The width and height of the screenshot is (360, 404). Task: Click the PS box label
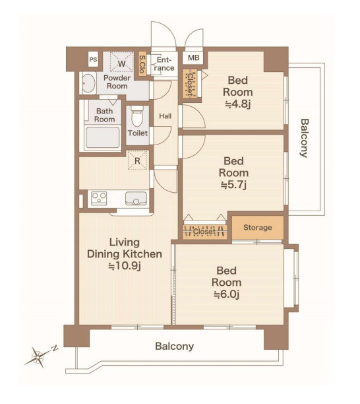tap(93, 59)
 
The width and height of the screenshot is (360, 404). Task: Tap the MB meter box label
tap(193, 57)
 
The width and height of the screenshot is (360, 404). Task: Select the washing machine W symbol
tap(122, 63)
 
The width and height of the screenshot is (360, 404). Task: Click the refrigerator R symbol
tap(137, 161)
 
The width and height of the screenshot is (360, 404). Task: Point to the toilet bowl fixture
tap(137, 116)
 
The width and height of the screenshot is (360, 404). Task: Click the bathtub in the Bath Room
tap(102, 137)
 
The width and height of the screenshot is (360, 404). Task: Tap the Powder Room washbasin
tap(88, 83)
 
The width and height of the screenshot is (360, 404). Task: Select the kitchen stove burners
tap(99, 199)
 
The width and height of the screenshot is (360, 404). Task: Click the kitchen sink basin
tap(136, 199)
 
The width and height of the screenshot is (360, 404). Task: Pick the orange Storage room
tap(258, 228)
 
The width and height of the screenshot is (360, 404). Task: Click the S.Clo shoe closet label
tap(142, 63)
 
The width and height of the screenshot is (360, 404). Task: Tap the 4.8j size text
tap(238, 104)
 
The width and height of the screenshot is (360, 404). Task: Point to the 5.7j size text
tap(234, 184)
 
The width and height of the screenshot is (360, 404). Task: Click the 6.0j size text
tap(227, 294)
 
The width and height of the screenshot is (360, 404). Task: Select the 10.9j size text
tap(125, 266)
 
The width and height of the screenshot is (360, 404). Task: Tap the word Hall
tap(165, 116)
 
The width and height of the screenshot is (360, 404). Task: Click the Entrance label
tap(165, 64)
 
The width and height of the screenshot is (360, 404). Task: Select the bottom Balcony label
tap(175, 346)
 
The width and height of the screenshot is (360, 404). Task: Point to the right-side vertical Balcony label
tap(305, 138)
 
